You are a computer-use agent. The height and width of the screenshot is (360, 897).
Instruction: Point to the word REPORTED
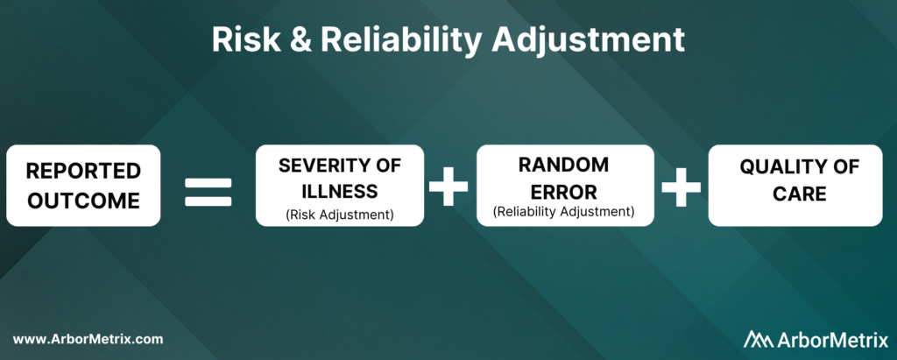[83, 171]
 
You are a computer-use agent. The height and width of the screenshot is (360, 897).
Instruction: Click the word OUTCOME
[83, 201]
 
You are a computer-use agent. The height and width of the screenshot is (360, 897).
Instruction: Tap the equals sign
[208, 193]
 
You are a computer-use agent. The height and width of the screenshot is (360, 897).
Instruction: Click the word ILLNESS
[340, 191]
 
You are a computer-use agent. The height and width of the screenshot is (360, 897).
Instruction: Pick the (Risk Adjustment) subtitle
[340, 215]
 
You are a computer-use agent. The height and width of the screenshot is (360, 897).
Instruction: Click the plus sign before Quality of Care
[682, 187]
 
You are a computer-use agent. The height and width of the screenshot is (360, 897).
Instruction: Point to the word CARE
[800, 194]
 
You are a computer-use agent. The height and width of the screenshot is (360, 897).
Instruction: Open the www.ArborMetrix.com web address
[88, 339]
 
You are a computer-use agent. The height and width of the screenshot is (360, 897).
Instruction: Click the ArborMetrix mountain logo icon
[759, 339]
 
